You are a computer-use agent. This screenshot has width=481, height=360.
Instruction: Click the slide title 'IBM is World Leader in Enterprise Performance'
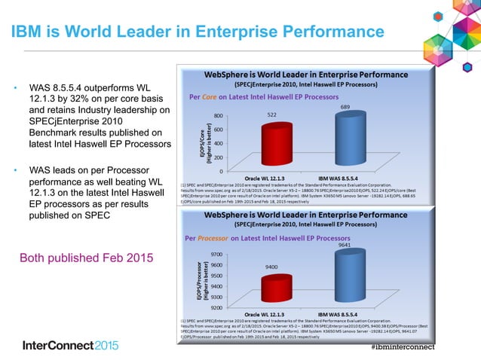[197, 31]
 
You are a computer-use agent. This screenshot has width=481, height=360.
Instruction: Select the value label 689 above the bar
[345, 108]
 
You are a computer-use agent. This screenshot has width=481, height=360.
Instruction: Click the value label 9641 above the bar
[344, 245]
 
